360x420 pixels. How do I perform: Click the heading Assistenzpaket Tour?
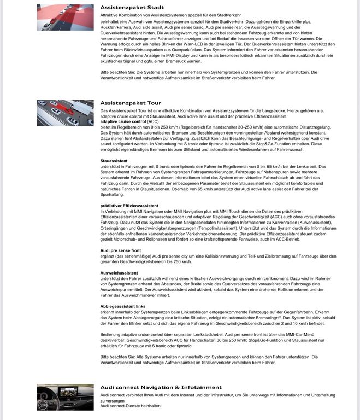point(131,103)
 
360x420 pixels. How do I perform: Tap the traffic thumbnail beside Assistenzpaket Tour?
point(65,113)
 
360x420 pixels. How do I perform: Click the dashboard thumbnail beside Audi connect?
point(65,397)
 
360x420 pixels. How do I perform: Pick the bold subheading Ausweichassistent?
point(119,272)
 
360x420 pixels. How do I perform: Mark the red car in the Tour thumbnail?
point(72,121)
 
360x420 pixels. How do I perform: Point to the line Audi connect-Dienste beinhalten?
point(131,406)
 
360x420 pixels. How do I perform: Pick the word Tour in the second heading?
point(152,103)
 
